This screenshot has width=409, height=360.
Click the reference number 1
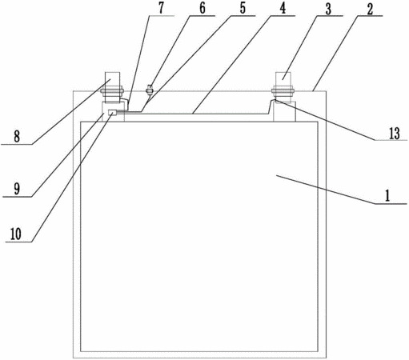(387, 195)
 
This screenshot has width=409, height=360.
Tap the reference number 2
(370, 9)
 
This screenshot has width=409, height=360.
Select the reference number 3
(328, 9)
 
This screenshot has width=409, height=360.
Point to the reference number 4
(283, 9)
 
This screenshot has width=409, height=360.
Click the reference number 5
(243, 8)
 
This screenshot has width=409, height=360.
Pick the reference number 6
(202, 8)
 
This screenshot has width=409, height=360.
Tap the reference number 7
(161, 8)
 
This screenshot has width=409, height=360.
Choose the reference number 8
(17, 137)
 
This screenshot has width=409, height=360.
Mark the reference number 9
(17, 189)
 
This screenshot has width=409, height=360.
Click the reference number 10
(16, 234)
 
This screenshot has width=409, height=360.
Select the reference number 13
(394, 134)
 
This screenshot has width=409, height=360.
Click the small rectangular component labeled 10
(112, 113)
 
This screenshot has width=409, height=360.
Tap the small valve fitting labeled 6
(150, 90)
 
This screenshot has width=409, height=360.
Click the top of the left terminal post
(112, 72)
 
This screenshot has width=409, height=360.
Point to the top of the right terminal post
(283, 72)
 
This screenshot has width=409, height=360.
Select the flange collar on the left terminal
(112, 91)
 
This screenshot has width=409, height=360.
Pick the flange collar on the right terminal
(283, 91)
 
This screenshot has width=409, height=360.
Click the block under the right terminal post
(284, 112)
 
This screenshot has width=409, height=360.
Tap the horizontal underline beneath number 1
(391, 204)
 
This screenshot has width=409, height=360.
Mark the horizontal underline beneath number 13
(391, 140)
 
